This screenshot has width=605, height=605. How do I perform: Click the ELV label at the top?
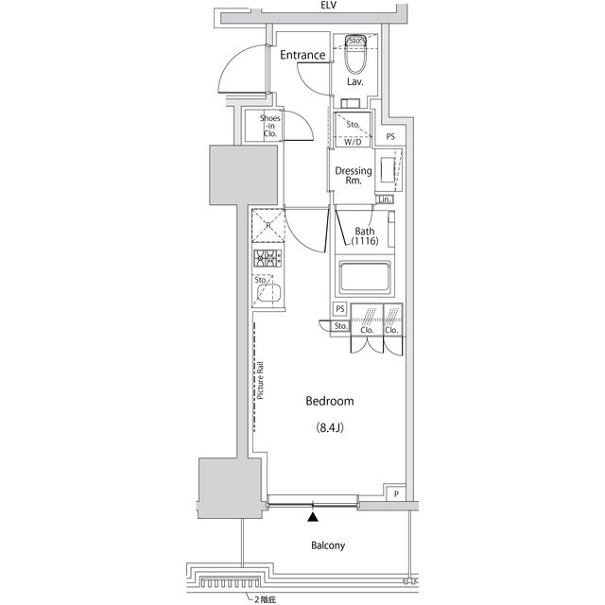click(328, 6)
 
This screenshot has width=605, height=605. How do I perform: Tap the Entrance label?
click(302, 55)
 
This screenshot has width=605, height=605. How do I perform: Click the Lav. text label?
click(356, 82)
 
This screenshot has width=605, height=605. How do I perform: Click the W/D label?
click(353, 143)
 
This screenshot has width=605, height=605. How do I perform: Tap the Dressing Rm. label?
click(354, 176)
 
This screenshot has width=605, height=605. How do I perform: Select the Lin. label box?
click(385, 199)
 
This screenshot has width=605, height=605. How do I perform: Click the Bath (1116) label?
click(365, 237)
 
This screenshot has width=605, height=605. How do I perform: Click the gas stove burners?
click(268, 259)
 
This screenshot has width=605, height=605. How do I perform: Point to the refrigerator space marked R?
click(268, 226)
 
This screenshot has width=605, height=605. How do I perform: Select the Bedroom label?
click(329, 402)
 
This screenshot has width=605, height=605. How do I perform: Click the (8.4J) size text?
click(329, 427)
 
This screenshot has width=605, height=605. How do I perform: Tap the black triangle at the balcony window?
click(313, 515)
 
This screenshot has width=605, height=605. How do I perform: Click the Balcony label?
click(328, 545)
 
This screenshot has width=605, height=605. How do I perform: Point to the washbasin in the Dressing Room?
click(388, 171)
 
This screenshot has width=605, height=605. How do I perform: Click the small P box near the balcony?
click(397, 494)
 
